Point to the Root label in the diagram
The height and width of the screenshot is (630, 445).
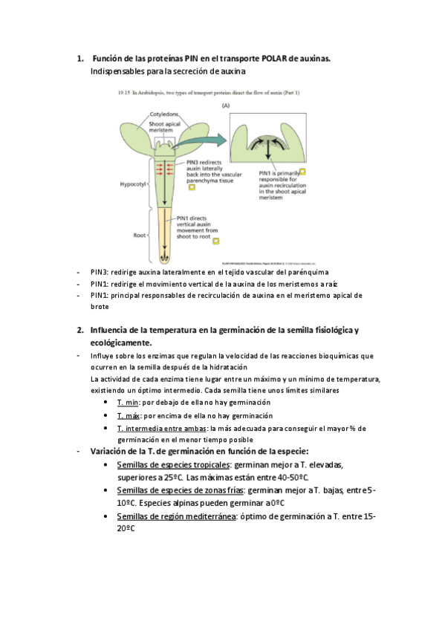[139, 236]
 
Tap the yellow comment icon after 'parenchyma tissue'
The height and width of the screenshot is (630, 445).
[192, 187]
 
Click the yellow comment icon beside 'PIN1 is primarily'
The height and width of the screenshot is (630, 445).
[302, 172]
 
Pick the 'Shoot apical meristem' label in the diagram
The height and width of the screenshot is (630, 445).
[162, 126]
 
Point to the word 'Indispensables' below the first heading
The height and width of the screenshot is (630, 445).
[114, 72]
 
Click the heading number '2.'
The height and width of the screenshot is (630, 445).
[80, 329]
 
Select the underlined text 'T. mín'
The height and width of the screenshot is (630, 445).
[128, 401]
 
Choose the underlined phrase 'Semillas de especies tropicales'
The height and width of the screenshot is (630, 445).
[173, 465]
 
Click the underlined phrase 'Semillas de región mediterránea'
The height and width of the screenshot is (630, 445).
[175, 516]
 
